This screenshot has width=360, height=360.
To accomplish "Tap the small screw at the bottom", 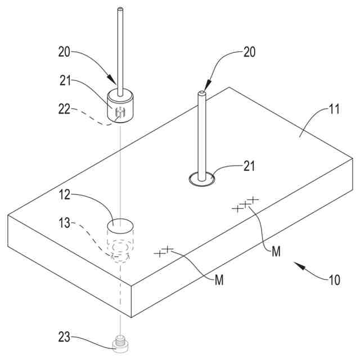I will pyautogui.click(x=119, y=343).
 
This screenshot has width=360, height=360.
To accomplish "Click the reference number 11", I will pyautogui.click(x=334, y=110).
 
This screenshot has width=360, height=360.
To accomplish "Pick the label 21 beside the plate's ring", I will pyautogui.click(x=250, y=166).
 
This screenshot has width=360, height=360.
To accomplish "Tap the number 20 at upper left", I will pyautogui.click(x=65, y=52).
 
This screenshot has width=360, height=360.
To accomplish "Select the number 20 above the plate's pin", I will pyautogui.click(x=249, y=52).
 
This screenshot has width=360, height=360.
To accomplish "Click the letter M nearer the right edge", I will pyautogui.click(x=276, y=253).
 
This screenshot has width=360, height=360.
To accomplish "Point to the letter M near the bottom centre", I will pyautogui.click(x=219, y=280).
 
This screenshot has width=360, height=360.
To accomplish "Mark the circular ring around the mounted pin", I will pyautogui.click(x=201, y=179).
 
